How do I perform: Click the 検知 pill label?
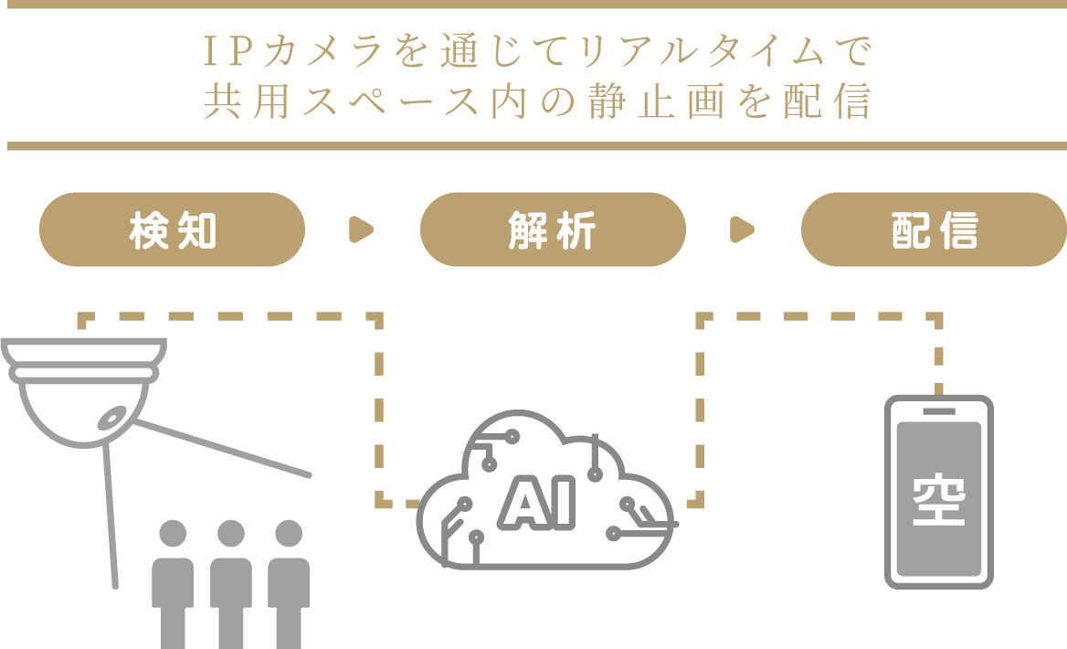pyautogui.click(x=172, y=229)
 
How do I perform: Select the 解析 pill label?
pyautogui.click(x=552, y=229)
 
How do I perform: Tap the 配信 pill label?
pyautogui.click(x=934, y=229)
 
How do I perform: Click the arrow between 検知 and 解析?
pyautogui.click(x=362, y=229)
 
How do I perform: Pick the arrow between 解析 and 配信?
pyautogui.click(x=743, y=229)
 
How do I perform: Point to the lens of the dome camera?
pyautogui.click(x=111, y=417)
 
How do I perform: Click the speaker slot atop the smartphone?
pyautogui.click(x=938, y=411)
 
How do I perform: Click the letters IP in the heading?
pyautogui.click(x=222, y=54)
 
